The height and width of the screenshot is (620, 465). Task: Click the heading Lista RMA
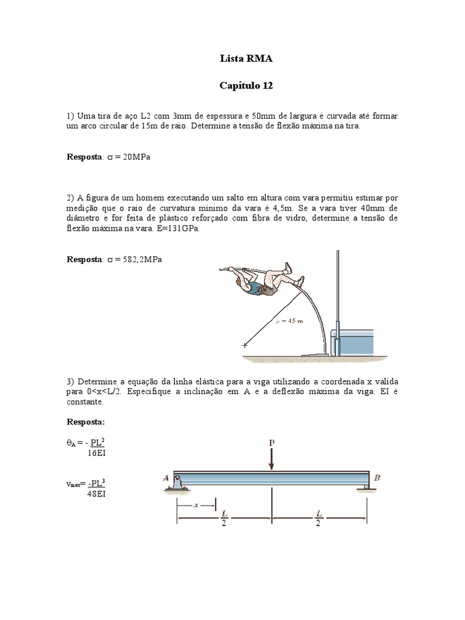coord(246,59)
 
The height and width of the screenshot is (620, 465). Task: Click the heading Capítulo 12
coord(246,86)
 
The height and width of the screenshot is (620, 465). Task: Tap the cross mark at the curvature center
coord(245,346)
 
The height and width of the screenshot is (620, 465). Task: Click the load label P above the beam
coord(271,443)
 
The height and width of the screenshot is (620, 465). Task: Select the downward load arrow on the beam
coord(271,459)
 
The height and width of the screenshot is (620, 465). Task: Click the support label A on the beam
coord(165,478)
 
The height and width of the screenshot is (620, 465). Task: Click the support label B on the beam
coord(377,478)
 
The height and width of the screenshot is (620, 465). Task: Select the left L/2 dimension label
coord(224,517)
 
